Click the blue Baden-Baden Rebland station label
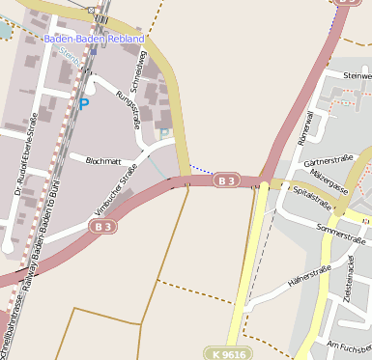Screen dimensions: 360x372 coord(94,39)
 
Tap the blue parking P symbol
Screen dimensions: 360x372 coord(83,104)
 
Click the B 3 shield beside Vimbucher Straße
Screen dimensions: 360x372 coord(103,226)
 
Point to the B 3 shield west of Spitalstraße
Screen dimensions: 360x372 coord(226,180)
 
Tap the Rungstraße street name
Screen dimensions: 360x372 coord(129,110)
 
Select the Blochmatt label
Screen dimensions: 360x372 coord(104,160)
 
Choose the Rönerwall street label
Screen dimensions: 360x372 coord(307,129)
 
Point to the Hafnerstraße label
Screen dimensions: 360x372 coord(309,277)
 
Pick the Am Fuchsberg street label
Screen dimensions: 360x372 coord(350,346)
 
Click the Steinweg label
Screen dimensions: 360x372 coord(357,75)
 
